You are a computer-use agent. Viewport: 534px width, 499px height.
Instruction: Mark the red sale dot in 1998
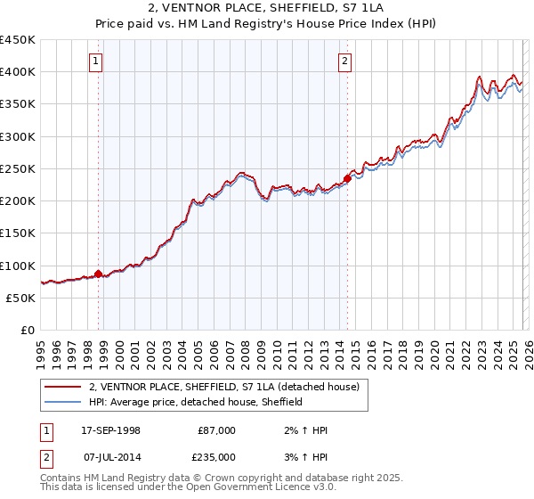(x=98, y=274)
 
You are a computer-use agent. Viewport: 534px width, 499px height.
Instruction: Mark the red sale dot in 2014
(x=347, y=179)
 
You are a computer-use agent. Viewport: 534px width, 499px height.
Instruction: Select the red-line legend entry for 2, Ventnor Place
(x=223, y=387)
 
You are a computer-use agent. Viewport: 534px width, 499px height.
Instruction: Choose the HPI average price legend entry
(x=196, y=402)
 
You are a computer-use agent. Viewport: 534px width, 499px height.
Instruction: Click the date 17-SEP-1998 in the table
(x=110, y=430)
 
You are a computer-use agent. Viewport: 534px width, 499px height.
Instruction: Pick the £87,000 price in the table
(x=216, y=430)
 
